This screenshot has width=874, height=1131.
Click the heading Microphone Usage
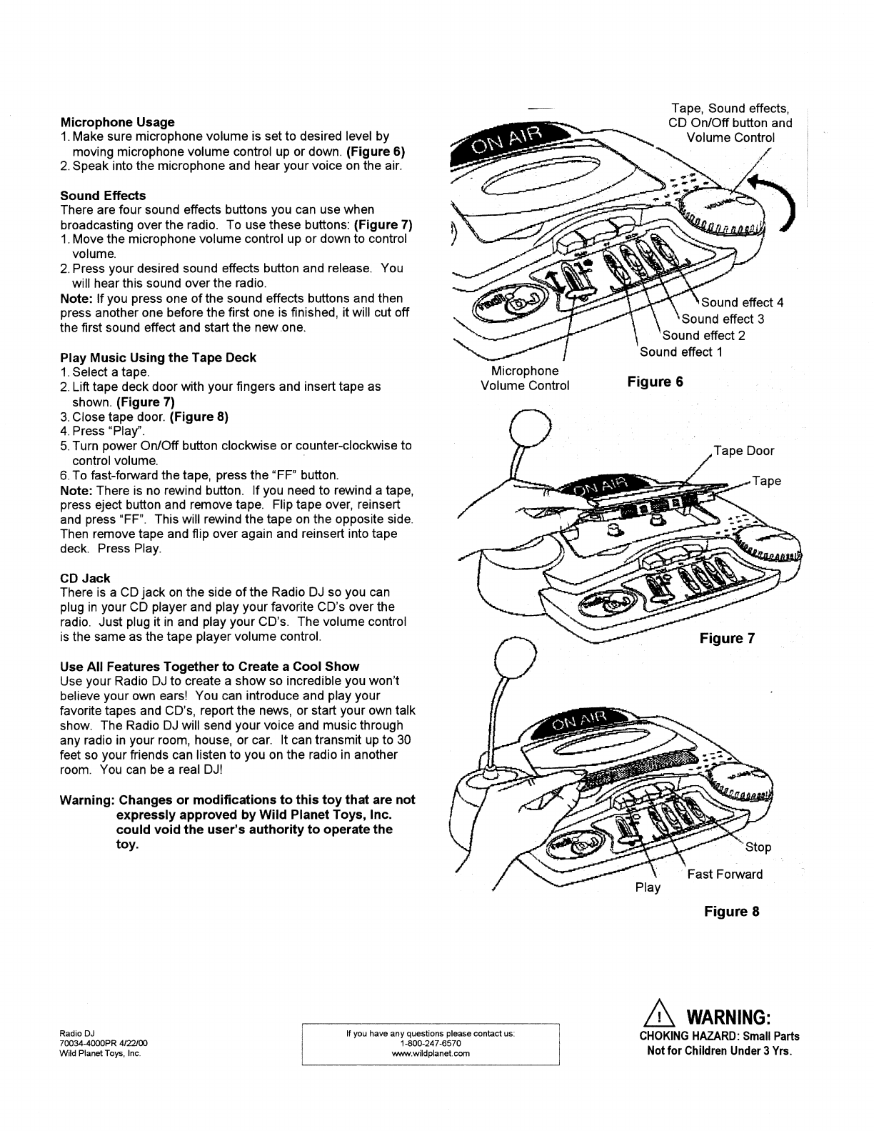point(117,122)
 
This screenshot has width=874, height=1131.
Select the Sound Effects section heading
point(103,195)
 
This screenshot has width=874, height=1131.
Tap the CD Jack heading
point(85,578)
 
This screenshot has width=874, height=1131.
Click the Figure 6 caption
point(655,382)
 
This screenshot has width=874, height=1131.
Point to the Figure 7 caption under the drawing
point(726,638)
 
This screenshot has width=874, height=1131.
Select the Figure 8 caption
point(731,911)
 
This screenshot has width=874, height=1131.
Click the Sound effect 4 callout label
point(743,302)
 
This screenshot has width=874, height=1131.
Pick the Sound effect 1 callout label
point(681,352)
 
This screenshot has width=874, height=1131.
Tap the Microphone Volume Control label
point(525,378)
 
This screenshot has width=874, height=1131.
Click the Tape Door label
point(744,451)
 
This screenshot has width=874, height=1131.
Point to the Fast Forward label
point(725,874)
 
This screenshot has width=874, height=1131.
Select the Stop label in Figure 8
point(758,847)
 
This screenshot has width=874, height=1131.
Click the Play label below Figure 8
point(648,887)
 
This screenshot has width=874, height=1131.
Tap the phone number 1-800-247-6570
point(431,1044)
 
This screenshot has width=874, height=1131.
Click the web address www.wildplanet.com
point(431,1053)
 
